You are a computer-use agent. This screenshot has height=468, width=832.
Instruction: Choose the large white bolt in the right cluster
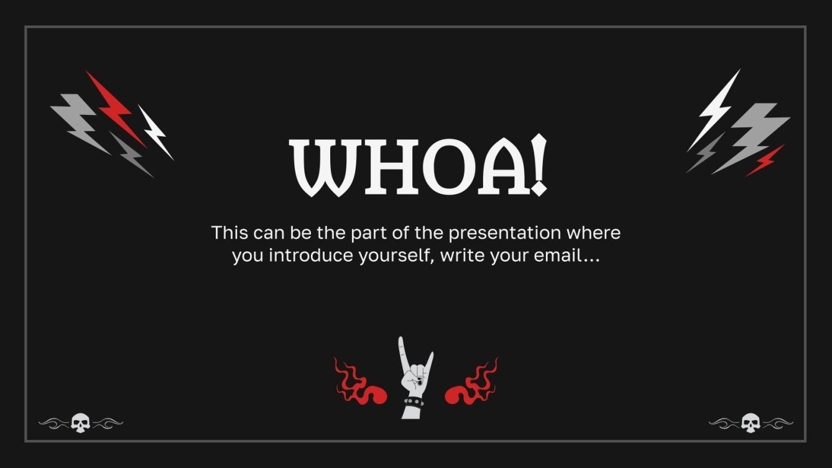click(715, 109)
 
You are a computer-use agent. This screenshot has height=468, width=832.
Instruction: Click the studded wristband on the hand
click(413, 402)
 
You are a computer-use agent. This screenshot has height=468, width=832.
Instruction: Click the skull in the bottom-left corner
click(80, 423)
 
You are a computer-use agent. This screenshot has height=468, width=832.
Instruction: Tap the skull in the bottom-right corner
click(751, 423)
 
